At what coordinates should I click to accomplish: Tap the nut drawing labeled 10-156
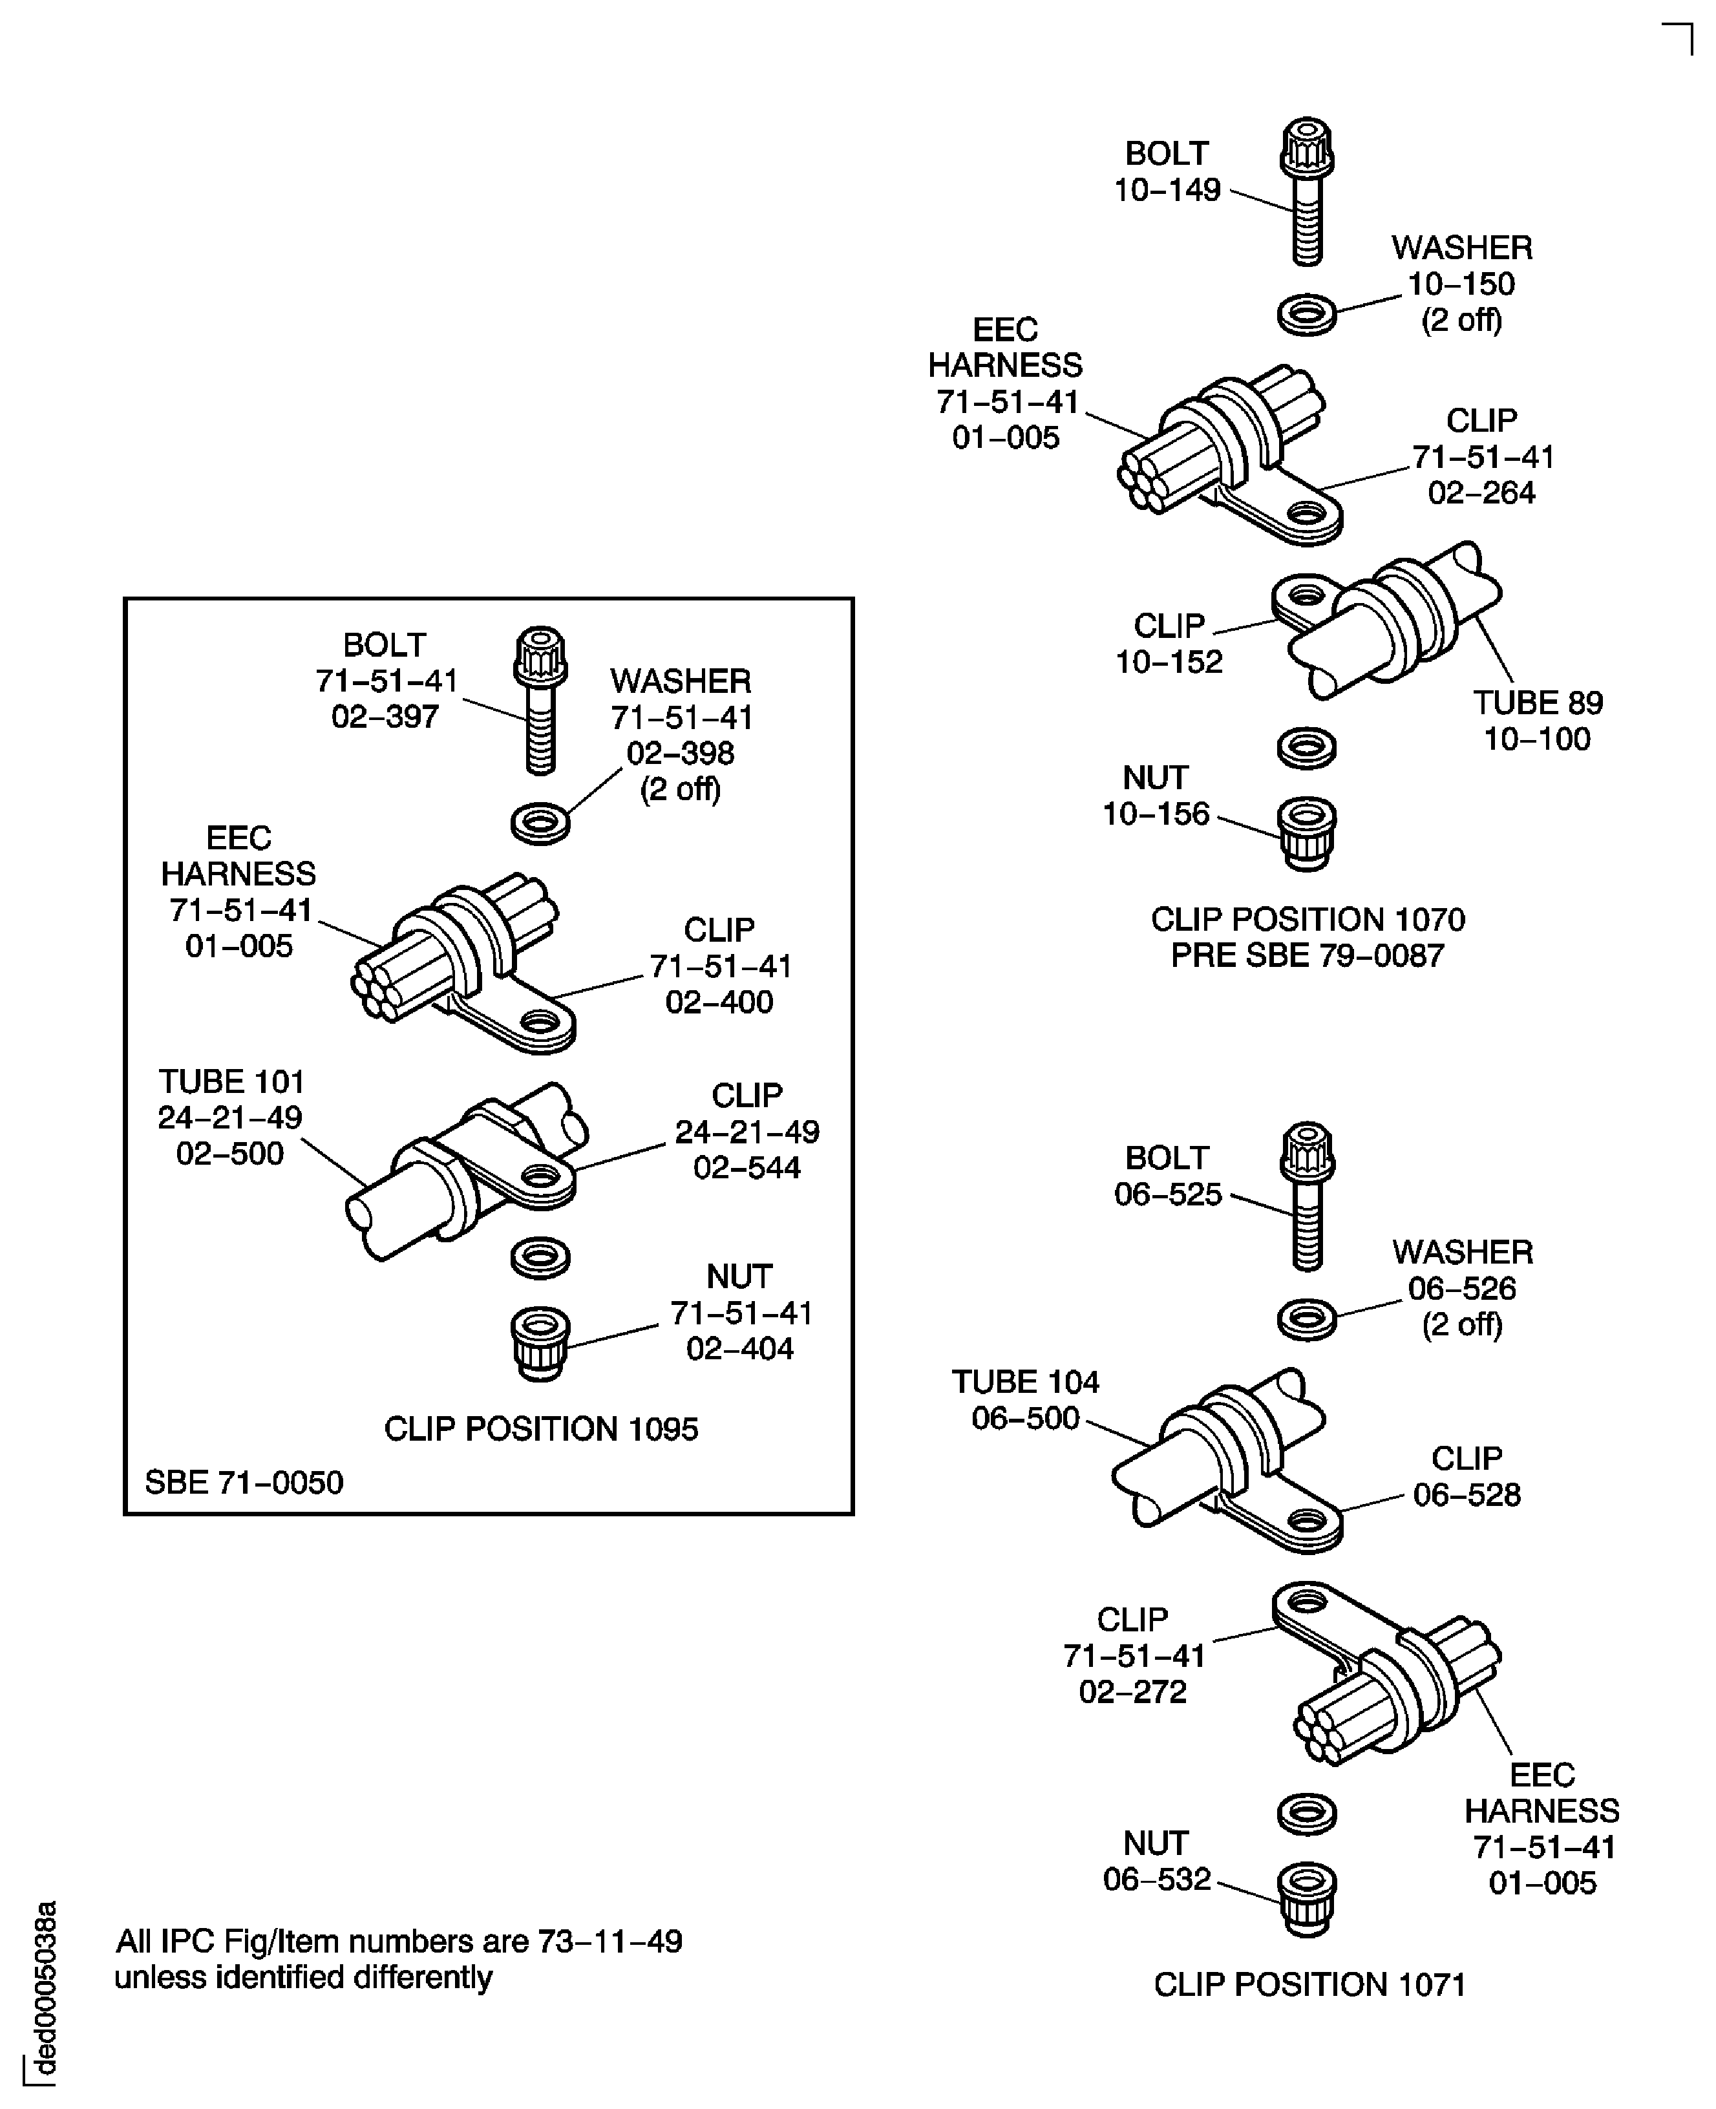pyautogui.click(x=1307, y=833)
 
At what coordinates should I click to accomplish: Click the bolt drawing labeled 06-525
pyautogui.click(x=1307, y=1195)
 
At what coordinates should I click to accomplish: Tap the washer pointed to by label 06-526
pyautogui.click(x=1307, y=1319)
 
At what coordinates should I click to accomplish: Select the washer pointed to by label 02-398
pyautogui.click(x=540, y=822)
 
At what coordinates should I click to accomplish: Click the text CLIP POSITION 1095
pyautogui.click(x=541, y=1429)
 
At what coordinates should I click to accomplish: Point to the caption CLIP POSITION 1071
pyautogui.click(x=1309, y=1984)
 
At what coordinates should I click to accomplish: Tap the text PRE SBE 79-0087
pyautogui.click(x=1307, y=956)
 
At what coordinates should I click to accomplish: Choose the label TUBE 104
pyautogui.click(x=1025, y=1382)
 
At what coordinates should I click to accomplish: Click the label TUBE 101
pyautogui.click(x=231, y=1081)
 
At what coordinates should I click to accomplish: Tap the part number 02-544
pyautogui.click(x=747, y=1167)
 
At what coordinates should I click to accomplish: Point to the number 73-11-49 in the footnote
pyautogui.click(x=610, y=1941)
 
